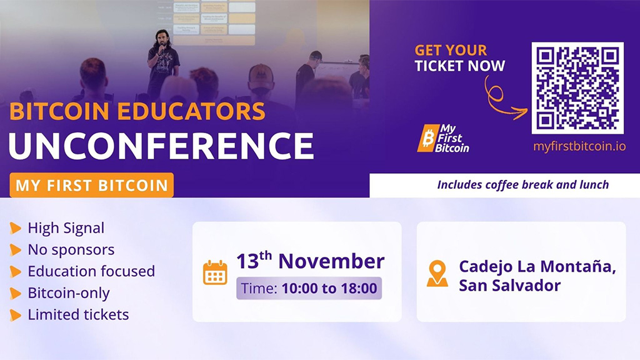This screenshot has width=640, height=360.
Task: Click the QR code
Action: pyautogui.click(x=577, y=88)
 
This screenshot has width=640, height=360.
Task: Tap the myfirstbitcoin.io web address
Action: pyautogui.click(x=579, y=147)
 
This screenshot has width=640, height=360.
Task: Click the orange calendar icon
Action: pyautogui.click(x=215, y=272)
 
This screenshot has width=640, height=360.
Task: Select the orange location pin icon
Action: pyautogui.click(x=437, y=273)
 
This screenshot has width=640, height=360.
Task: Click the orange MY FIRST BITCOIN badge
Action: pyautogui.click(x=91, y=185)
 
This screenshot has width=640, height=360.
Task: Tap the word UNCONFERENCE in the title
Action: pyautogui.click(x=161, y=146)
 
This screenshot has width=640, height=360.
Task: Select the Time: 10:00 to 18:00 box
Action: pyautogui.click(x=309, y=288)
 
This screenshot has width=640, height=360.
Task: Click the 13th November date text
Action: pyautogui.click(x=310, y=261)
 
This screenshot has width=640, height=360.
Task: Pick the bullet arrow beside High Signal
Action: pyautogui.click(x=16, y=229)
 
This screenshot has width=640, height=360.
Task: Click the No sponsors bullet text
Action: pyautogui.click(x=71, y=249)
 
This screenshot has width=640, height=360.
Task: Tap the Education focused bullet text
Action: pyautogui.click(x=91, y=271)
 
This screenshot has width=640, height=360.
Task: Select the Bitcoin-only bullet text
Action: pyautogui.click(x=69, y=292)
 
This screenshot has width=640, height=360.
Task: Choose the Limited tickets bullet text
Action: pyautogui.click(x=78, y=314)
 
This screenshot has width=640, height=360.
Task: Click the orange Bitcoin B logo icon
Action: pyautogui.click(x=428, y=138)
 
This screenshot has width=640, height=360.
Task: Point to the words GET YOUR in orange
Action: pyautogui.click(x=451, y=50)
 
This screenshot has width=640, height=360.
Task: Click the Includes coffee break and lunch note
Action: pyautogui.click(x=522, y=184)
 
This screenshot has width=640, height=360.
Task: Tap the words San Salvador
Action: pyautogui.click(x=509, y=286)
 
